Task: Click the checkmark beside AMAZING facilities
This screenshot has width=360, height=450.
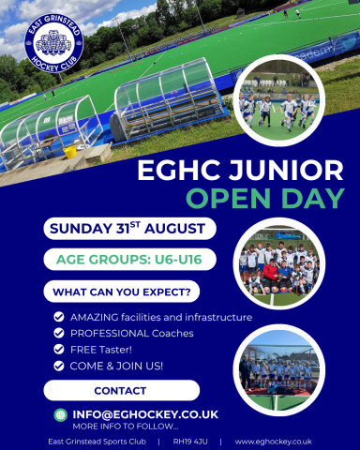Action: (x=59, y=317)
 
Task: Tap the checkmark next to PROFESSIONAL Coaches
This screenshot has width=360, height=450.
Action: (x=59, y=333)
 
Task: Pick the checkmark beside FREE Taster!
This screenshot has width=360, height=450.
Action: (x=59, y=349)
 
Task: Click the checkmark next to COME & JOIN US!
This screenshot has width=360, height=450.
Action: (x=59, y=365)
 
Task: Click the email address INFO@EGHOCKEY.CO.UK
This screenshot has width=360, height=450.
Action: (x=145, y=413)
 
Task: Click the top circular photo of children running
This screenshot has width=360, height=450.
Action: (x=277, y=100)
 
